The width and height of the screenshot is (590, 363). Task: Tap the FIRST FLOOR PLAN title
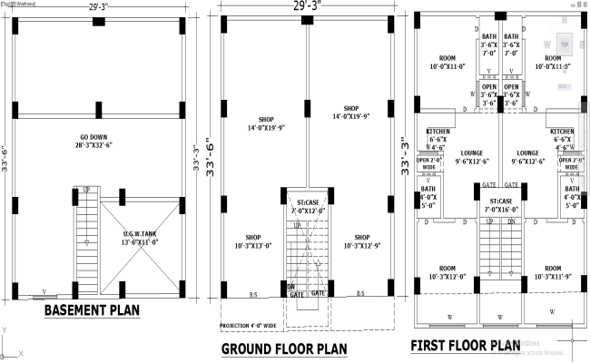tap(466, 346)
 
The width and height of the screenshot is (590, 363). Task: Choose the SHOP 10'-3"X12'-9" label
tap(361, 240)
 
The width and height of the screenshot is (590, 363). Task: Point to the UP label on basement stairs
tap(86, 190)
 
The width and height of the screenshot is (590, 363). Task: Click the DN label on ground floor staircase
tap(292, 287)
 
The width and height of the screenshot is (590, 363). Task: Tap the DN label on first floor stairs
tap(512, 221)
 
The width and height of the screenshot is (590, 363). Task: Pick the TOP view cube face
tap(563, 43)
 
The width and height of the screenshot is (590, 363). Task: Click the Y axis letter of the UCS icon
tap(5, 329)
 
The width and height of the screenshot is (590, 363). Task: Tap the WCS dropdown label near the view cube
tap(563, 86)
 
